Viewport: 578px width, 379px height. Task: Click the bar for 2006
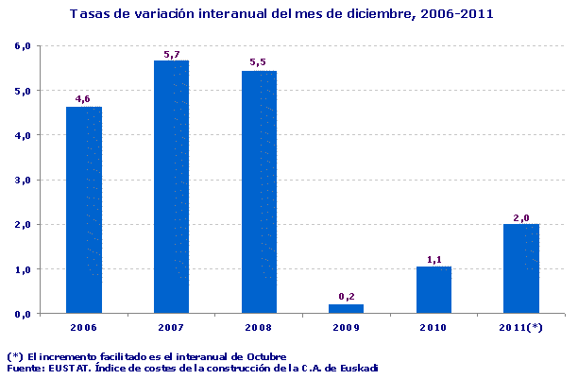coord(83,209)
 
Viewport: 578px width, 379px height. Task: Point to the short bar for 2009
coord(346,308)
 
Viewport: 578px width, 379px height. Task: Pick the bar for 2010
coord(433,289)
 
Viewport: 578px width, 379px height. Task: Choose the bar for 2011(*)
coord(521,268)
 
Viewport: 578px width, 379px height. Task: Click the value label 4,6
coord(83,98)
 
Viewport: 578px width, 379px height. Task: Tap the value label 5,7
coord(171,54)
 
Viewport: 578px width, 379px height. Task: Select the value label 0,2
coord(346,296)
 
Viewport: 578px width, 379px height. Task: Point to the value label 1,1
coord(433,258)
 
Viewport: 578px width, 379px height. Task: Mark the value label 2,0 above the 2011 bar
coord(521,216)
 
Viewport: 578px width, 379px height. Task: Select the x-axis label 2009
coord(346,327)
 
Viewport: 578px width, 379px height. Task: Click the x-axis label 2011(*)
coord(521,327)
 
